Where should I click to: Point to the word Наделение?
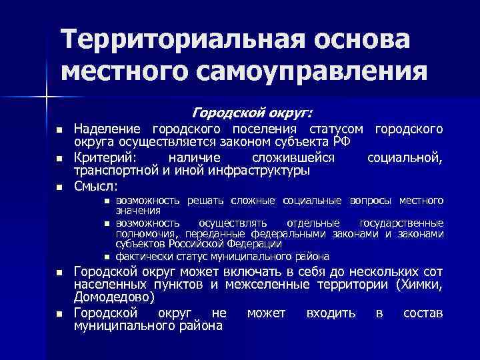(109, 128)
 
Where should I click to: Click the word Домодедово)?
(114, 297)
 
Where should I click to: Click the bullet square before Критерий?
(59, 158)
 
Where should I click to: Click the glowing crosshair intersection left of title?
(47, 99)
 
